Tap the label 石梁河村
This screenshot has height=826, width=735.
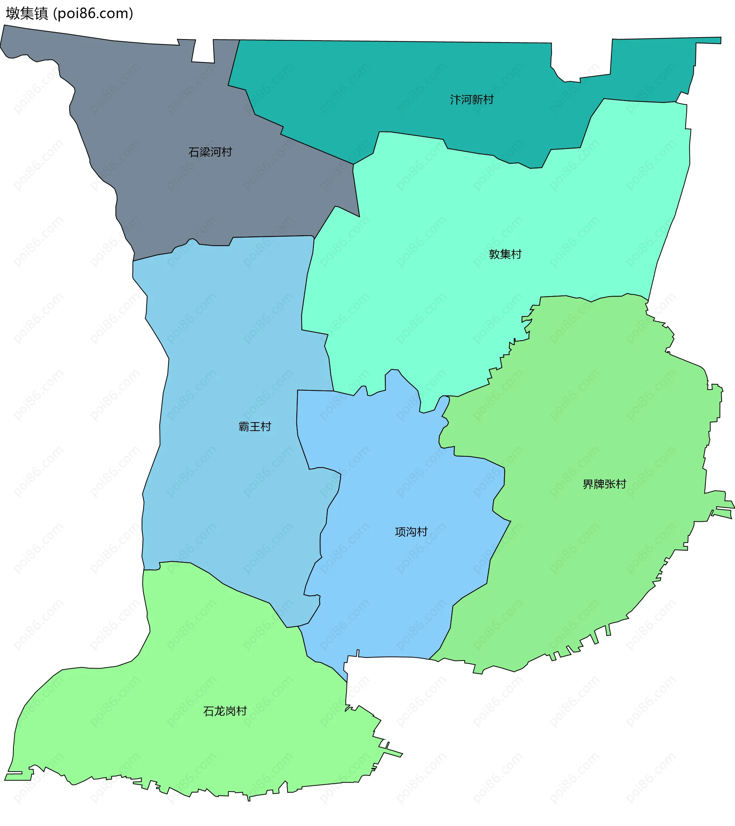coord(210,152)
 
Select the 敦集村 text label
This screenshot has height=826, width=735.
coord(505,254)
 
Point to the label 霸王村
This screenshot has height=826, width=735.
coord(255,427)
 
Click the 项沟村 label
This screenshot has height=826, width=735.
coord(411,532)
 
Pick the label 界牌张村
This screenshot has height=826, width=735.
coord(604,484)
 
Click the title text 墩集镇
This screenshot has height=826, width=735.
coord(27,13)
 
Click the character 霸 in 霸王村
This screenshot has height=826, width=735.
coord(244,427)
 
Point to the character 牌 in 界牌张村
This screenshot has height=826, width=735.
coord(598,484)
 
